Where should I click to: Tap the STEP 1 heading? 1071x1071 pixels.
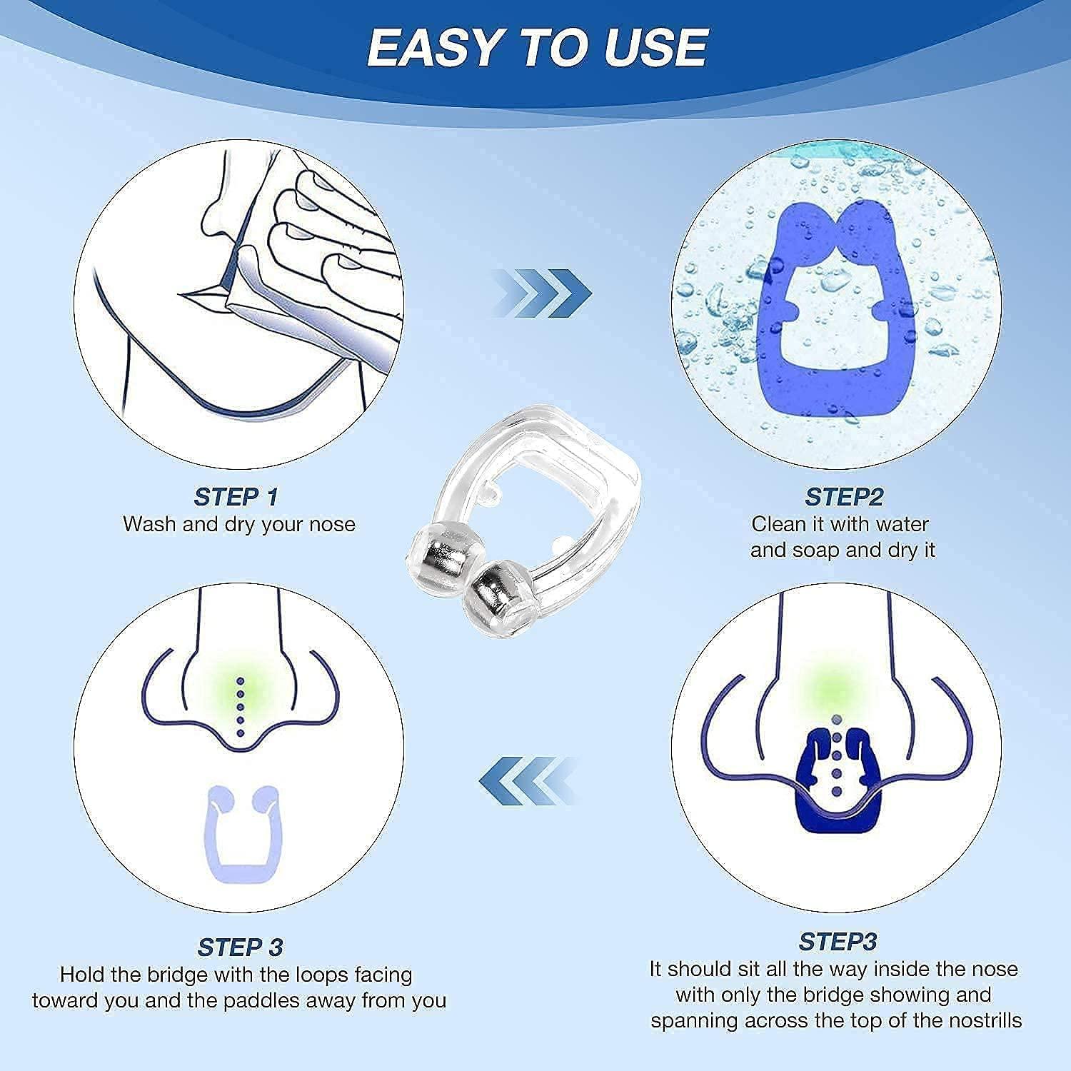[236, 496]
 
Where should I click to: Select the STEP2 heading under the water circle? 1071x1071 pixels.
[844, 496]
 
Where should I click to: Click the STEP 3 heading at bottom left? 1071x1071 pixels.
[240, 947]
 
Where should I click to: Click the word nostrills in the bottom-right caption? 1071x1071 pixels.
[985, 1020]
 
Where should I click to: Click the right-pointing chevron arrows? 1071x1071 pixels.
[543, 293]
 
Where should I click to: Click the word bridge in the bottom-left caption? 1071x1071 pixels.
[176, 975]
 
